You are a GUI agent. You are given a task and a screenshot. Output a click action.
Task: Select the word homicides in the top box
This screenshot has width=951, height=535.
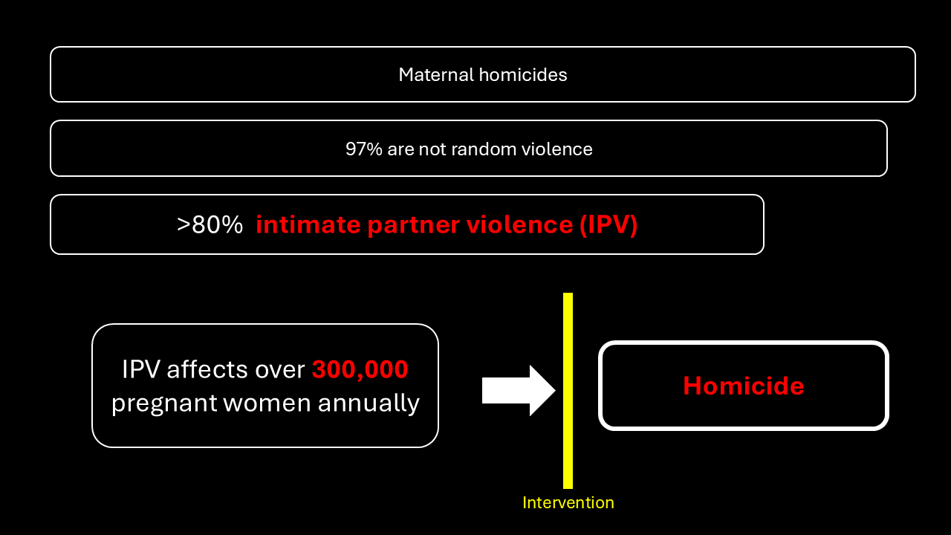point(523,75)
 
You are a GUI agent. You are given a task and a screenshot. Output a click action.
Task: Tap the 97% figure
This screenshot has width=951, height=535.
point(364,149)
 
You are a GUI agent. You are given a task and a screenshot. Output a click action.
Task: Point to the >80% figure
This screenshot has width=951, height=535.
point(210,224)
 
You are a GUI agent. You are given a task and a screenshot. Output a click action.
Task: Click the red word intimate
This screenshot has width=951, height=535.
point(308,224)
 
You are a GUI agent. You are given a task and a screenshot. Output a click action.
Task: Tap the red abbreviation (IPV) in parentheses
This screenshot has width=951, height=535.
point(608,225)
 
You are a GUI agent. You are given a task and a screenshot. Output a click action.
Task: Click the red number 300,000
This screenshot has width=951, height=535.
point(360,369)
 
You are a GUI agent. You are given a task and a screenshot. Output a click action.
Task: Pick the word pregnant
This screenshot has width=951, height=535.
point(164,403)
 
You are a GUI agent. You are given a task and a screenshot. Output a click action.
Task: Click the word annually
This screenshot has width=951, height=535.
point(369,403)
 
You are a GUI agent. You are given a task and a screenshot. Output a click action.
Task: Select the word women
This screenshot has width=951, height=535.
point(267,403)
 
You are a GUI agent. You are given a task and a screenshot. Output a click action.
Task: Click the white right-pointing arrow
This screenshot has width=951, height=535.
point(519,391)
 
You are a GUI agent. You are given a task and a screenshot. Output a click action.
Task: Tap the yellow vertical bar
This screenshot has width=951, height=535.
point(568,391)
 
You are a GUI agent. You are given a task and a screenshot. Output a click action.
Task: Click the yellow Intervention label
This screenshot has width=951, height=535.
point(568,503)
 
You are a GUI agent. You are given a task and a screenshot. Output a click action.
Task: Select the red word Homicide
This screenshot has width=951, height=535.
point(744,386)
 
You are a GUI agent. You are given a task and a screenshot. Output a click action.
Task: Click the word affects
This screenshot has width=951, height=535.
point(207,369)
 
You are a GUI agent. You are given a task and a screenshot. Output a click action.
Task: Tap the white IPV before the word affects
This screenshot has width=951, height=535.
point(141,369)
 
